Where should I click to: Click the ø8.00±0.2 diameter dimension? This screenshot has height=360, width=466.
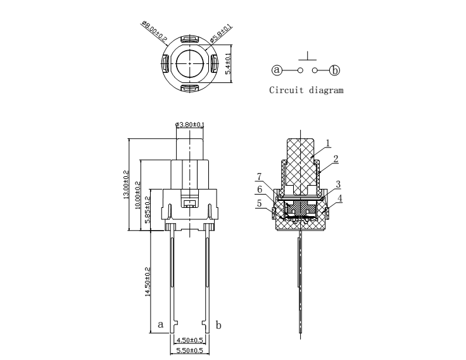pyautogui.click(x=154, y=31)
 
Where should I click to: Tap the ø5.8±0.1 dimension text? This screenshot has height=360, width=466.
pyautogui.click(x=220, y=34)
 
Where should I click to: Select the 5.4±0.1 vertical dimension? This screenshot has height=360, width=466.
pyautogui.click(x=228, y=63)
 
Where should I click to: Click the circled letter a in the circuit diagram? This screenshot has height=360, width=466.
pyautogui.click(x=277, y=70)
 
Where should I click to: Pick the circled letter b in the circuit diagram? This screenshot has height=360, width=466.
pyautogui.click(x=335, y=70)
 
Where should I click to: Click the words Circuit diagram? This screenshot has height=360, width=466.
pyautogui.click(x=306, y=90)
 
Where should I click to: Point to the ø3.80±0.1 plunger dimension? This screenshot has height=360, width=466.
pyautogui.click(x=189, y=124)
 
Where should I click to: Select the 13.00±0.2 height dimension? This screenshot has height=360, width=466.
pyautogui.click(x=126, y=184)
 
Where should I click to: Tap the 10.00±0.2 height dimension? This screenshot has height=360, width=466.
pyautogui.click(x=137, y=195)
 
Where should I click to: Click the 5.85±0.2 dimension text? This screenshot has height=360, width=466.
pyautogui.click(x=148, y=209)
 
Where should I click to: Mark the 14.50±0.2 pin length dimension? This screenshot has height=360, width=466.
pyautogui.click(x=148, y=282)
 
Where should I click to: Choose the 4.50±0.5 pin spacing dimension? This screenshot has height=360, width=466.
pyautogui.click(x=189, y=340)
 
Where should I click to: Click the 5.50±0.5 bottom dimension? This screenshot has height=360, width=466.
pyautogui.click(x=189, y=350)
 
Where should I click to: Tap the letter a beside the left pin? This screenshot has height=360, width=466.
pyautogui.click(x=160, y=325)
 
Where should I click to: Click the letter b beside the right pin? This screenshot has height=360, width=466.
pyautogui.click(x=218, y=325)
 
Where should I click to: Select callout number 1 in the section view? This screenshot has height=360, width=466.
pyautogui.click(x=328, y=143)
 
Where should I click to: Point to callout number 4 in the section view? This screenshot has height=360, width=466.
pyautogui.click(x=340, y=198)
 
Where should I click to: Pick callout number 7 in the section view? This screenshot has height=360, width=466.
pyautogui.click(x=259, y=177)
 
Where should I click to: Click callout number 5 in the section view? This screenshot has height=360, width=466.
pyautogui.click(x=259, y=203)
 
